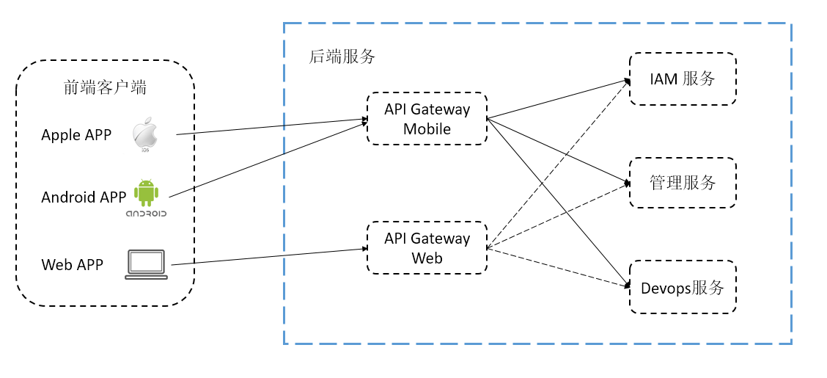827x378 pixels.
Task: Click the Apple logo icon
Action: (145, 133)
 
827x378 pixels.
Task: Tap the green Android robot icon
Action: (146, 193)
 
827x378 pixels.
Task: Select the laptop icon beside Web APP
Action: (146, 264)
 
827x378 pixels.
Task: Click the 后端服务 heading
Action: (342, 57)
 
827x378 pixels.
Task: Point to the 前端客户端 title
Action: (105, 87)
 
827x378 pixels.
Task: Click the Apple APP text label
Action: (76, 135)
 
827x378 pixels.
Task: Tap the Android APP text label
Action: (84, 197)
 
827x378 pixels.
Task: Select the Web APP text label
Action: (73, 264)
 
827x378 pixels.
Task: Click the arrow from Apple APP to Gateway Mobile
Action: (271, 127)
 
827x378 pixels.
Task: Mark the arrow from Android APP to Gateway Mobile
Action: (268, 159)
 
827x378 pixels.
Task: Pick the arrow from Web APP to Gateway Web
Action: (270, 256)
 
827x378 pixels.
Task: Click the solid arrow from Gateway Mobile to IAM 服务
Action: (559, 99)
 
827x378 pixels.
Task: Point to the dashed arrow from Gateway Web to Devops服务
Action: (559, 268)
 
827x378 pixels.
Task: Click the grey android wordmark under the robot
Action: (146, 214)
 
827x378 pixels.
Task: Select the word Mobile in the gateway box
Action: (427, 129)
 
